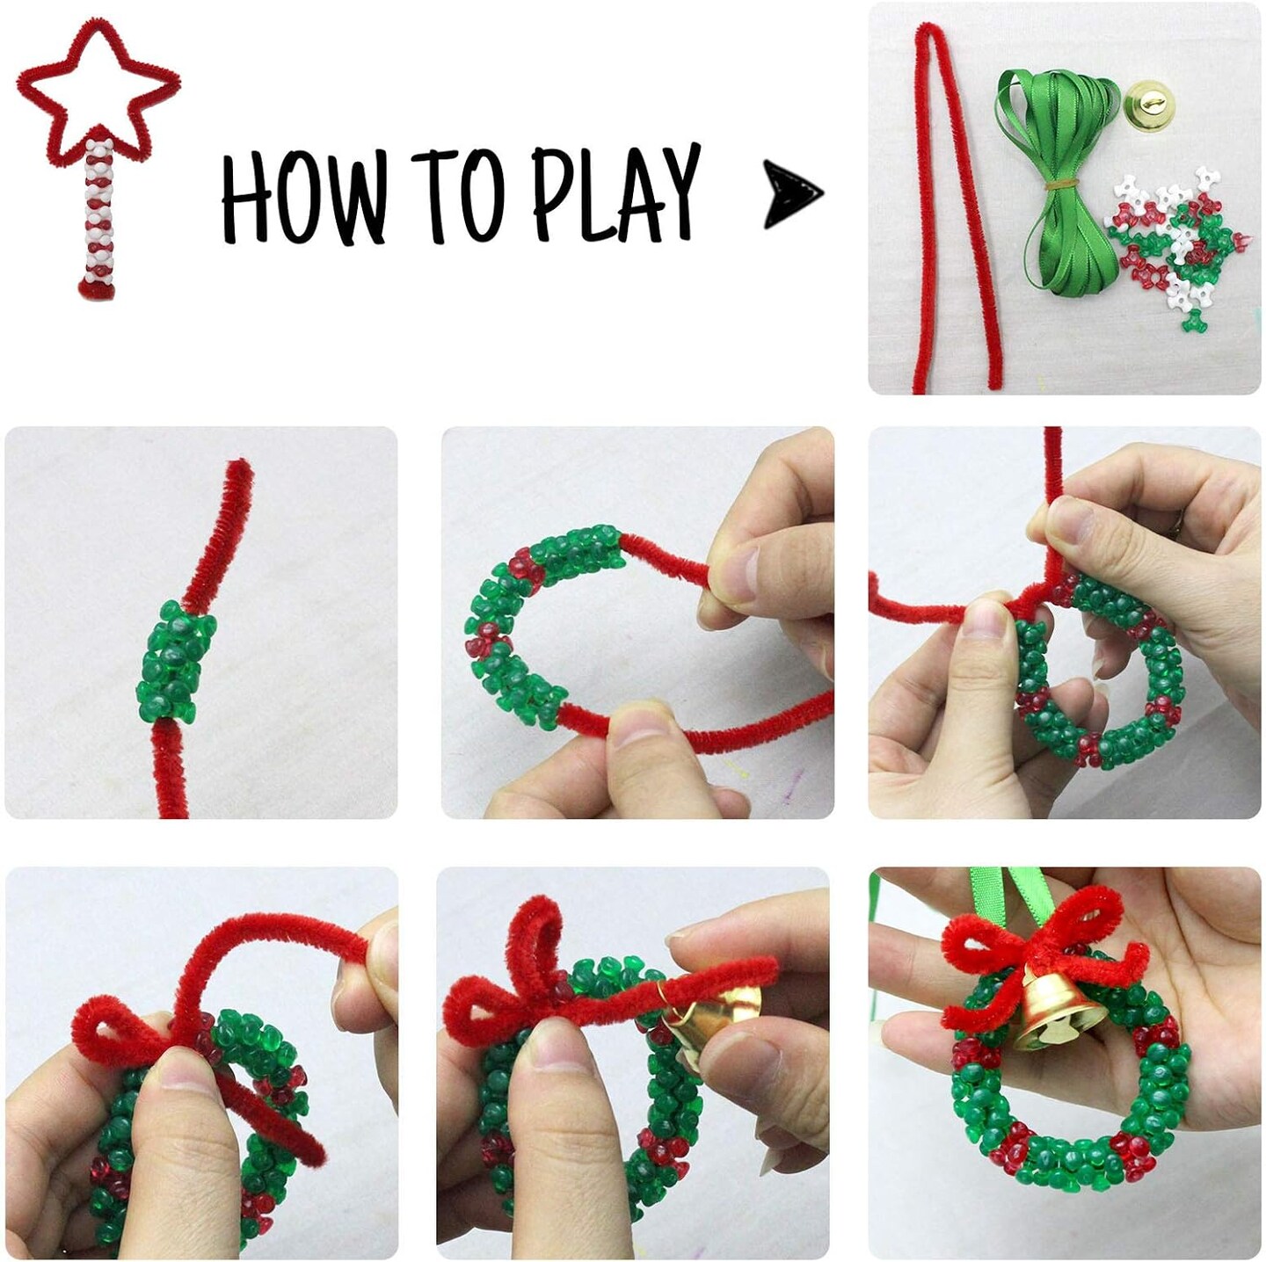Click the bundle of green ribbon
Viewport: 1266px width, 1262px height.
tap(1051, 176)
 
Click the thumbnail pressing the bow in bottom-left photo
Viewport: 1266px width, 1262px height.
tap(189, 1090)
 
